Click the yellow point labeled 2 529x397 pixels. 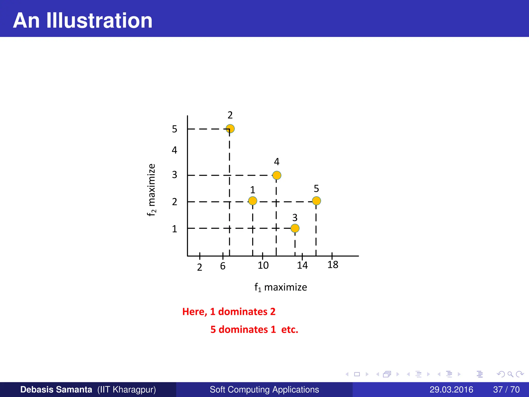coord(230,129)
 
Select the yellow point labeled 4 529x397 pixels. coord(277,175)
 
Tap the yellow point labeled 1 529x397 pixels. coord(253,201)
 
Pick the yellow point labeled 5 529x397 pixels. coord(316,201)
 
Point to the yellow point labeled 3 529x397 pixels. coord(295,228)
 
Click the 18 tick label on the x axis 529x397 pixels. coord(333,265)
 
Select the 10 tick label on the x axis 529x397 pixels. coord(263,265)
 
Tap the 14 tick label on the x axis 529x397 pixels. coord(302,265)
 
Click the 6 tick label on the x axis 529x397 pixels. coord(223,266)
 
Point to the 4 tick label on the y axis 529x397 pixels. coord(175,150)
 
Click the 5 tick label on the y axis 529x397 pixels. coord(175,129)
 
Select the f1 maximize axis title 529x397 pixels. coord(281,287)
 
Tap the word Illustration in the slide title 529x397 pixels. coord(99,20)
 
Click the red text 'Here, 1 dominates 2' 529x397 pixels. coord(229,312)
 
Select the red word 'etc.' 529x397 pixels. coord(290,330)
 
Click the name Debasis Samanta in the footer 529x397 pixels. coord(56,390)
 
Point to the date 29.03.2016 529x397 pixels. coord(451,390)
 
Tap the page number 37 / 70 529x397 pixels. coord(506,390)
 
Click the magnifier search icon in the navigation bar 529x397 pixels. coord(510,374)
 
